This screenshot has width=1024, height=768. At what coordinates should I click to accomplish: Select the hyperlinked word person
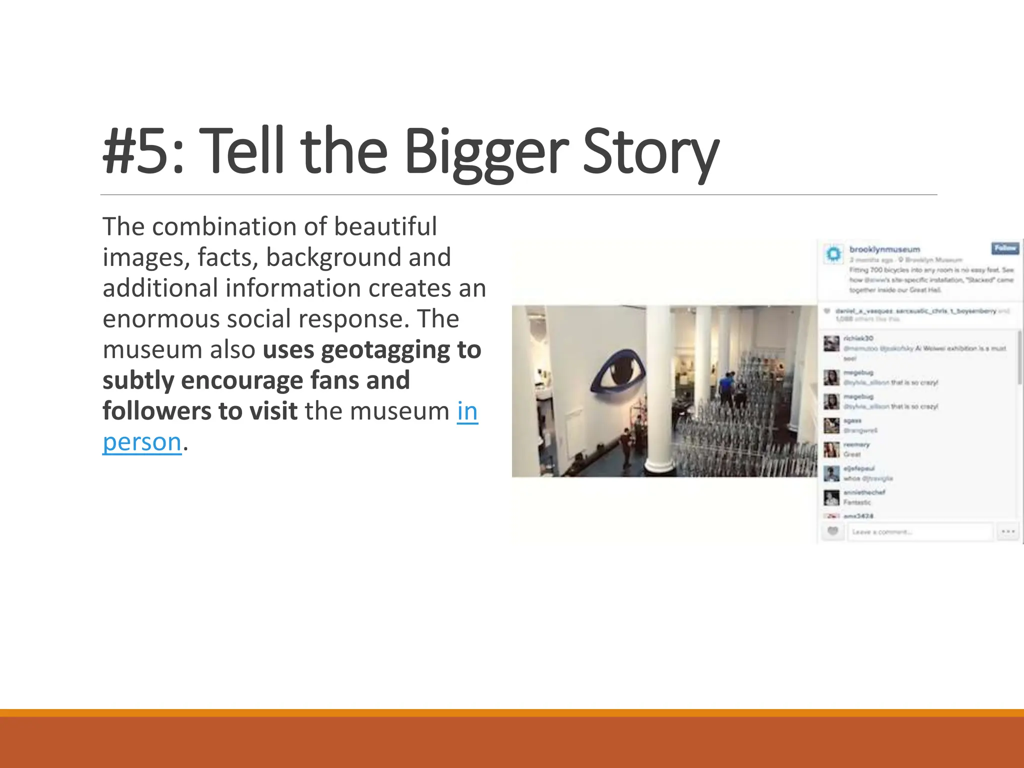[142, 442]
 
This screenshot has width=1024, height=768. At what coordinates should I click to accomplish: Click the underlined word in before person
[467, 411]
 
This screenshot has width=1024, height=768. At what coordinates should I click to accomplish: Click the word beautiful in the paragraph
[385, 226]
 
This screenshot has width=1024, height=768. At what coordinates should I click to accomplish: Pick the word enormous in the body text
[160, 318]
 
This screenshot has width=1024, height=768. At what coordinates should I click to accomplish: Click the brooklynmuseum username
[884, 249]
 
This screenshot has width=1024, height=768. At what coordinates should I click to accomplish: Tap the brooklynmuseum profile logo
[833, 254]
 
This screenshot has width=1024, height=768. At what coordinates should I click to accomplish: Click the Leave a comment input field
[919, 532]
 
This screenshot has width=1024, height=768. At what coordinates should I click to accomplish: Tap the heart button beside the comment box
[832, 531]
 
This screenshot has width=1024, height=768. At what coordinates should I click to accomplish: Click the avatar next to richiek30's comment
[831, 343]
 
